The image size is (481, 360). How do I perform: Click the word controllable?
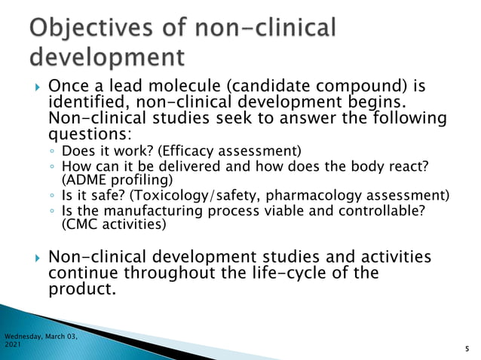click(x=385, y=211)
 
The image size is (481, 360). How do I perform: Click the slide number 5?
click(x=467, y=349)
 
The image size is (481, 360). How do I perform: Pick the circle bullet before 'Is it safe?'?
click(x=51, y=197)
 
